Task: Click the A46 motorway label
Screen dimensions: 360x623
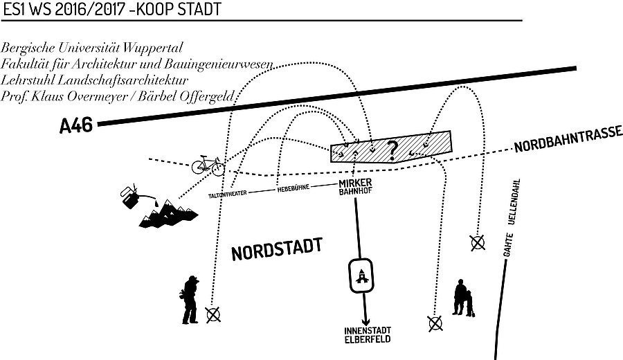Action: tap(76, 126)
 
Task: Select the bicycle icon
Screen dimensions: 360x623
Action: tap(208, 165)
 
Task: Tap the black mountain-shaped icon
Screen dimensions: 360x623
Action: tap(168, 216)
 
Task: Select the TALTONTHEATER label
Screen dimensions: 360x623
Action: tap(228, 195)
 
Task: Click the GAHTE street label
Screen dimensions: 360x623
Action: tap(507, 249)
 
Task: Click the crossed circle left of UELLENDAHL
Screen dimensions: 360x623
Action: tap(476, 242)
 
